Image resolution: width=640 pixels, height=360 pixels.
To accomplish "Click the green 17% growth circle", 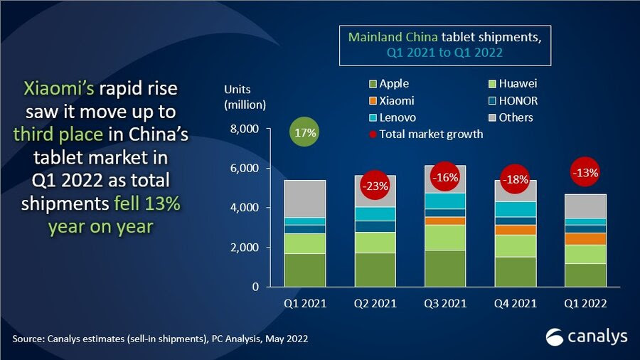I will click(x=305, y=133).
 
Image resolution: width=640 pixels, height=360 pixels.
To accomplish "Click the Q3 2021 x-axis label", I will click(x=445, y=303).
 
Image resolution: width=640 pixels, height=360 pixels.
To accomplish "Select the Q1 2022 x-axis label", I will click(x=586, y=303).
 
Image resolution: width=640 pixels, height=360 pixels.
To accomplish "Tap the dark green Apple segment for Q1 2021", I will click(x=305, y=270).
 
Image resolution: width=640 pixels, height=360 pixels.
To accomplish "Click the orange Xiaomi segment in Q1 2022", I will click(x=586, y=239).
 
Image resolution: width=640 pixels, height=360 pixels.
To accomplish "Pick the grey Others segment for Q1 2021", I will click(x=305, y=198).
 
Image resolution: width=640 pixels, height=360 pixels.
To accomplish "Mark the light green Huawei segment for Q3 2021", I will click(x=445, y=237).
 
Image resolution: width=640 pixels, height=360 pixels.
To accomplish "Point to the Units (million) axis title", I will click(x=245, y=97).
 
